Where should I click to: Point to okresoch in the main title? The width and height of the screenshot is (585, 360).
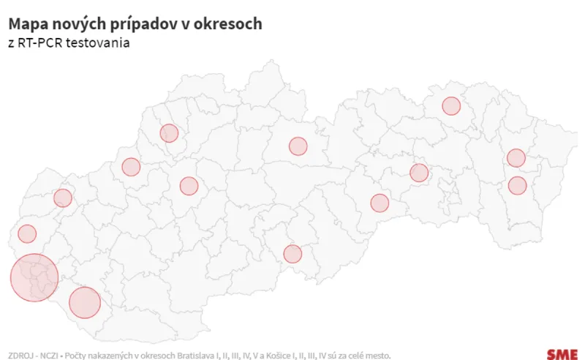(230, 24)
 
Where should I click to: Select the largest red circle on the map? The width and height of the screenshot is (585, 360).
(34, 277)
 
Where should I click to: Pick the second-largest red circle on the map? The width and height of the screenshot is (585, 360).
(84, 302)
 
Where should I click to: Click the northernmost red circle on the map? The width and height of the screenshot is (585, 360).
(451, 106)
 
